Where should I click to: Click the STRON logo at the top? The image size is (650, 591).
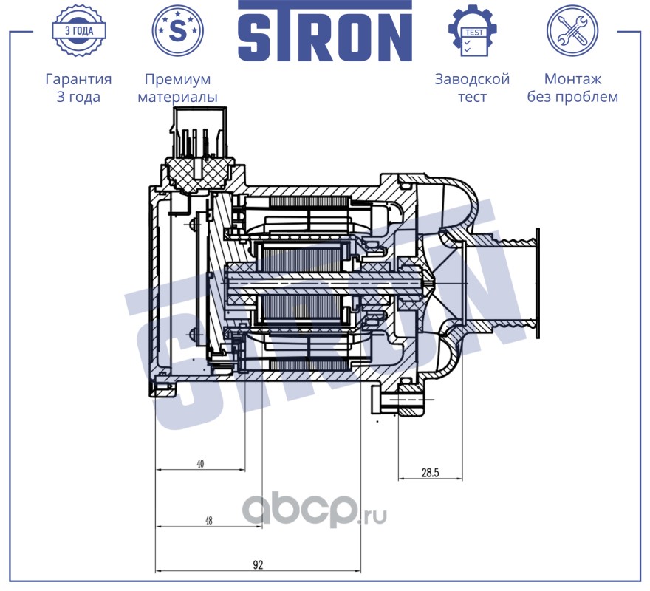point(325,31)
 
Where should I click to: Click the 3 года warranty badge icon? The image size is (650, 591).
point(79,31)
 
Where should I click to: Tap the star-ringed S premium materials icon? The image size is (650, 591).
point(177,30)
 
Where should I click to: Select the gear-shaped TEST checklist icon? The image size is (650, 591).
point(473,31)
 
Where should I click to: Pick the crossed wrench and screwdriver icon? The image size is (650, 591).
point(572,30)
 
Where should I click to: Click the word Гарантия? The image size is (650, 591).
point(78,79)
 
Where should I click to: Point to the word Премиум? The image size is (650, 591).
point(177,79)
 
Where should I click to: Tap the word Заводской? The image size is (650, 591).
point(472,79)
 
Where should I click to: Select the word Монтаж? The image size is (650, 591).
point(572,79)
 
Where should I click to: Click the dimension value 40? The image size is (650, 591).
point(200,464)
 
